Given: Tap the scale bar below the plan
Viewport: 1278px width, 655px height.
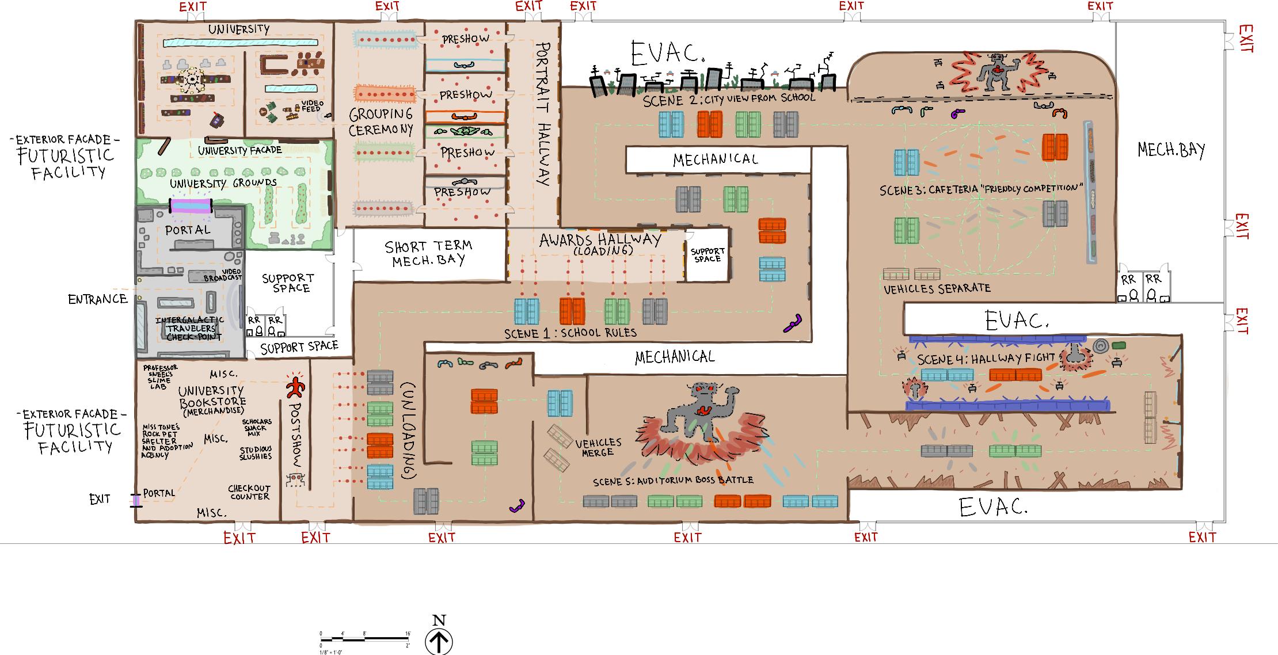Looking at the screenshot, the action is [365, 638].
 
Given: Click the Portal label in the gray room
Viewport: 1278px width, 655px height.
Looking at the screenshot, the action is [188, 230].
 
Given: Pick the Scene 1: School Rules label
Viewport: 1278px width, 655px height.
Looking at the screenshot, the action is [570, 333].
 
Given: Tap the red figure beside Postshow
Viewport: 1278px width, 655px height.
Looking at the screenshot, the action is [295, 387].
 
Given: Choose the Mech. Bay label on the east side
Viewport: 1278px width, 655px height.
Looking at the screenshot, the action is [1171, 150].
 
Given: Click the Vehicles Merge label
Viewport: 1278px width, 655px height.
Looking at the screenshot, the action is [598, 447].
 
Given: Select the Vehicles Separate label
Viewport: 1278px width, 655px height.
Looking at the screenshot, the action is [937, 288].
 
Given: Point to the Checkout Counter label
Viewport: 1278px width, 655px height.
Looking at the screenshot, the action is [249, 492].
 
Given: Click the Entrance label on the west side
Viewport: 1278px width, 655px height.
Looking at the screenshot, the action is [97, 299].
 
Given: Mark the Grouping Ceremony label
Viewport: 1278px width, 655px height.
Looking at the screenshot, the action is [381, 122].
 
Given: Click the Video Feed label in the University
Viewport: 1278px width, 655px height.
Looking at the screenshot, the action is [311, 106].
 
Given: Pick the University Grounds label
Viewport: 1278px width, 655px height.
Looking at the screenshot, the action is [223, 184].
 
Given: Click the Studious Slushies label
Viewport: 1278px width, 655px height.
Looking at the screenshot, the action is [256, 453].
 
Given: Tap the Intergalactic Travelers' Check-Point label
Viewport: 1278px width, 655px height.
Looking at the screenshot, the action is [190, 328].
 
